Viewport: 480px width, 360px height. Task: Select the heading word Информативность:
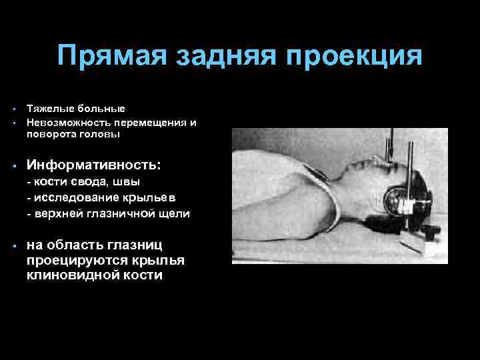[x=93, y=163]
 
